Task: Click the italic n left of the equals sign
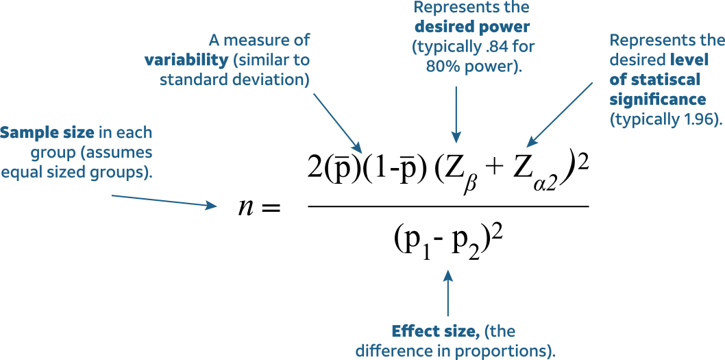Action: [246, 206]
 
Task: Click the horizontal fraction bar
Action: [448, 206]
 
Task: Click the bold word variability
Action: [186, 60]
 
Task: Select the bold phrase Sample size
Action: [47, 132]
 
